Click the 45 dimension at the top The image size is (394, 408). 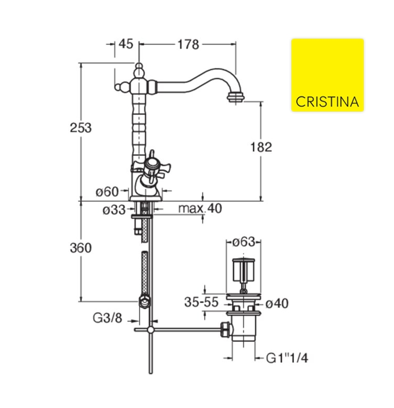(x=126, y=44)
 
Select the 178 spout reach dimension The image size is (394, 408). (x=188, y=44)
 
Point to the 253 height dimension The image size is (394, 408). (x=81, y=128)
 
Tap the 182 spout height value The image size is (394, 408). (x=261, y=147)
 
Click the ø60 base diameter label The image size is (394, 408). (x=107, y=192)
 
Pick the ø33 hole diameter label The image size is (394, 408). (x=114, y=210)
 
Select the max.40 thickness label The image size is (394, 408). (x=200, y=208)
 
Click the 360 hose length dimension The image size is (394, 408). (x=81, y=248)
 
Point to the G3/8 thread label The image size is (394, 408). (x=107, y=318)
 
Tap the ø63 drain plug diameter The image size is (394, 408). (x=244, y=242)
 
